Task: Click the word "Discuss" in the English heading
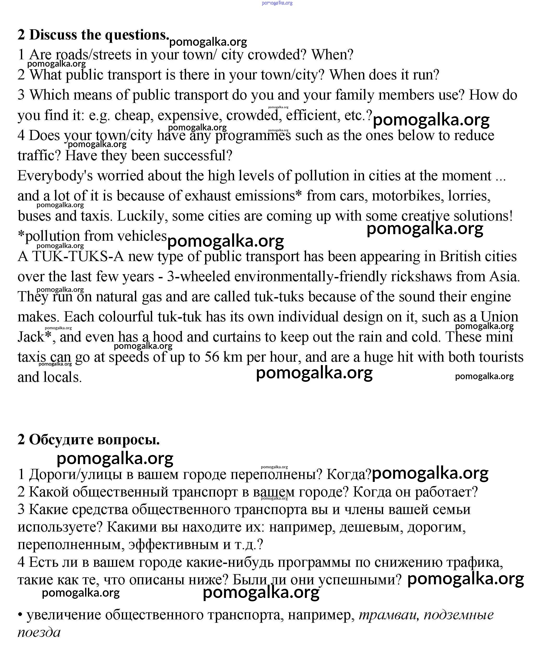(x=53, y=35)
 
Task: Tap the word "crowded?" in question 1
(x=277, y=55)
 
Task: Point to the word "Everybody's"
(x=55, y=176)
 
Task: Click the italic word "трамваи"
(x=389, y=615)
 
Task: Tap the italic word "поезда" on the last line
(x=39, y=632)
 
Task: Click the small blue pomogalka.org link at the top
(x=277, y=3)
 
